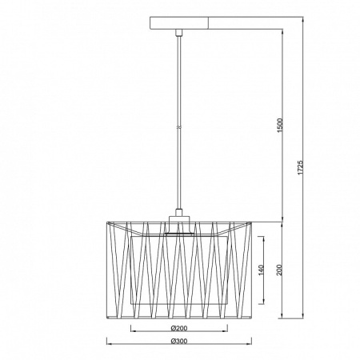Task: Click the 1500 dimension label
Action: (x=280, y=126)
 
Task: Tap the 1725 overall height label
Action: (x=300, y=167)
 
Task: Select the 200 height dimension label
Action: (x=279, y=270)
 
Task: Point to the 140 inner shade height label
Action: (x=261, y=270)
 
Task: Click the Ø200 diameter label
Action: (x=179, y=328)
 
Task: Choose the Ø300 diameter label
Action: (x=179, y=341)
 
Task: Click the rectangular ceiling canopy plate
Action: (x=179, y=23)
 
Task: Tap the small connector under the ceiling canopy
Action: (x=179, y=33)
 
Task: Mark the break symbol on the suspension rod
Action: (x=179, y=127)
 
